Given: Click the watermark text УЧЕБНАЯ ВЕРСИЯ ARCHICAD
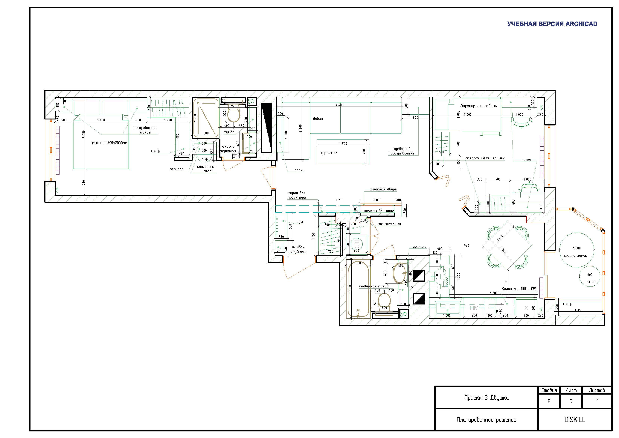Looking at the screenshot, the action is pos(552,24).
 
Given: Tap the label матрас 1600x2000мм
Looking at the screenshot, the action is pos(109,143).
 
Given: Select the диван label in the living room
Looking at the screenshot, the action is pos(318,119).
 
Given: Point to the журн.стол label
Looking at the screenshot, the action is pos(329,153).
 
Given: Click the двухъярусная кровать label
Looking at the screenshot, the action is pos(478,106).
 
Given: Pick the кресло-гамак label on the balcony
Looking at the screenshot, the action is pos(575,256).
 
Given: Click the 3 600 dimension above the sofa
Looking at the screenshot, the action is pos(339,105).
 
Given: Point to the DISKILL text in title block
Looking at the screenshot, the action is pos(575,420).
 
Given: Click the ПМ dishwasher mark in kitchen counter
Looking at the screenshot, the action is pos(474,308).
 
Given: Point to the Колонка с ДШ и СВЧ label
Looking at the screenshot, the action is pos(519,289).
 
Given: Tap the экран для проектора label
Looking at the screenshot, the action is pos(297,195).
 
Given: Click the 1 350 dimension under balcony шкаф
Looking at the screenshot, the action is pos(578,310).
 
